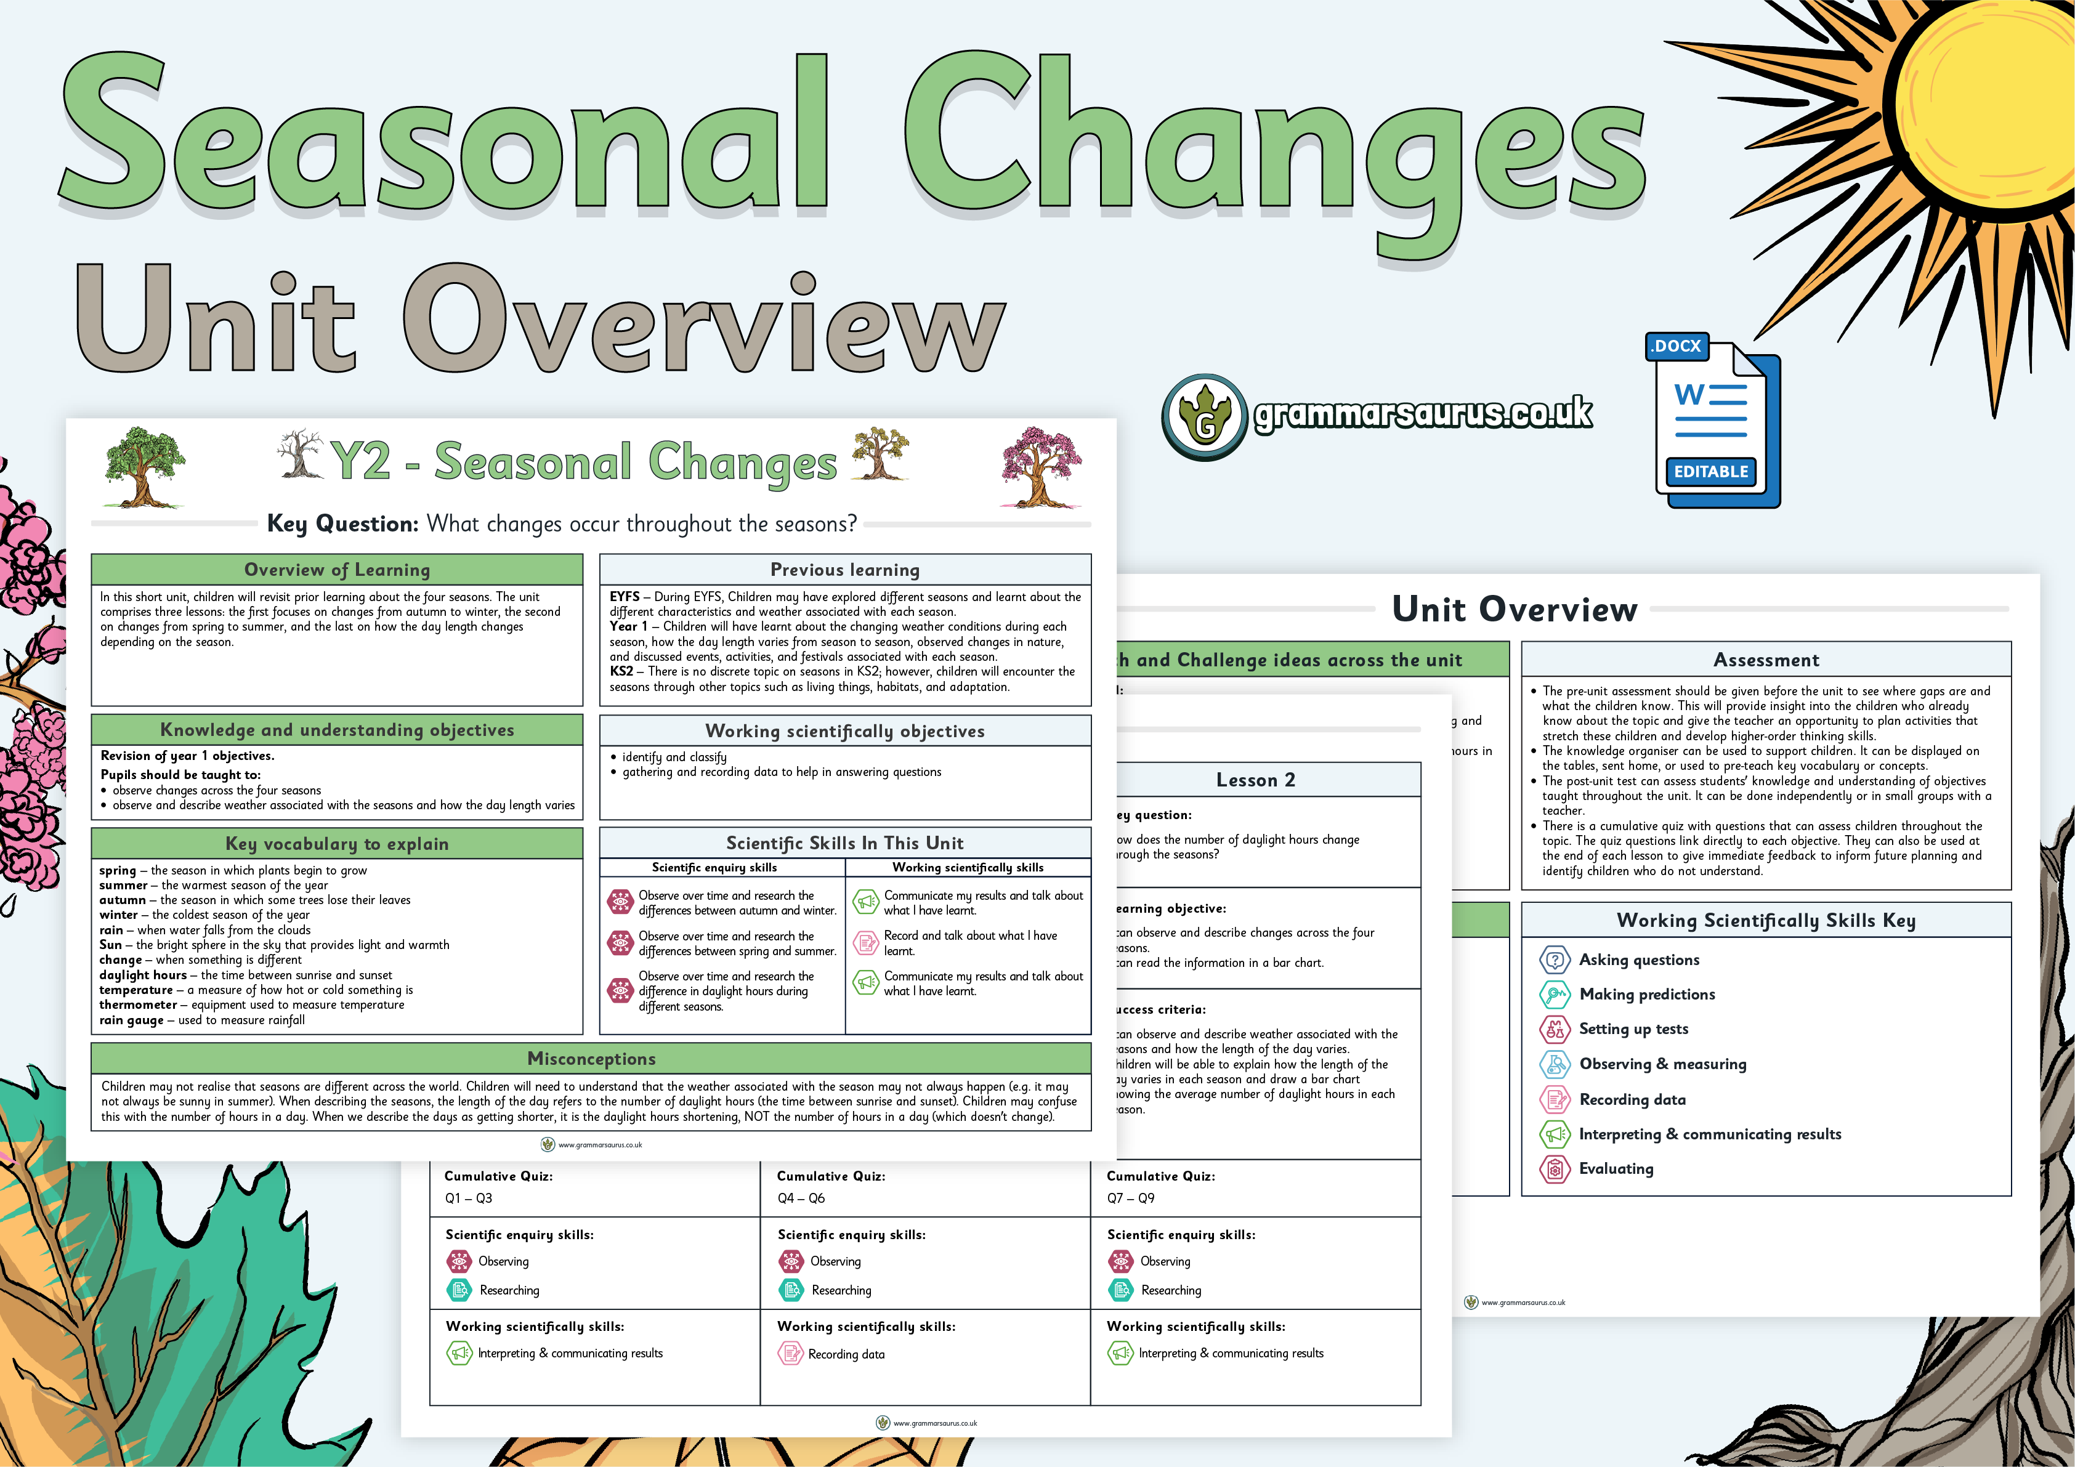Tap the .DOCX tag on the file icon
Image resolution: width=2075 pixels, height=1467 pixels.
click(1677, 346)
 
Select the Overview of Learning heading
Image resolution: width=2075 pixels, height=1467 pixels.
click(337, 570)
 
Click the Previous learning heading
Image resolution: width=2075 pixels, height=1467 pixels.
click(845, 570)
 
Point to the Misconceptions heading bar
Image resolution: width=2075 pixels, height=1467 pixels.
click(591, 1059)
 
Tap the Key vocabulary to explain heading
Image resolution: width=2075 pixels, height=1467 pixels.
click(337, 843)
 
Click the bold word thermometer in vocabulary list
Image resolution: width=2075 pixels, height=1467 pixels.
click(139, 1004)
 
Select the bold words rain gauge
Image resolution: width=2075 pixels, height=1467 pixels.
click(132, 1020)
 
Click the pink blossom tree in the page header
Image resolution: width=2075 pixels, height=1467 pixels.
click(1041, 466)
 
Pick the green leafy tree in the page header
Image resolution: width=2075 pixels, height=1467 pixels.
click(143, 466)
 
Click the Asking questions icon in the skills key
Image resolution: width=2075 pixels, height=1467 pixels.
click(1555, 960)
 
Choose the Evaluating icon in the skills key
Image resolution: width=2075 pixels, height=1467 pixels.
click(1555, 1169)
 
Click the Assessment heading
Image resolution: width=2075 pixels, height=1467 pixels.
click(1766, 660)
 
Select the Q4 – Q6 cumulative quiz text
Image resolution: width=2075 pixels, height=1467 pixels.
click(801, 1198)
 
